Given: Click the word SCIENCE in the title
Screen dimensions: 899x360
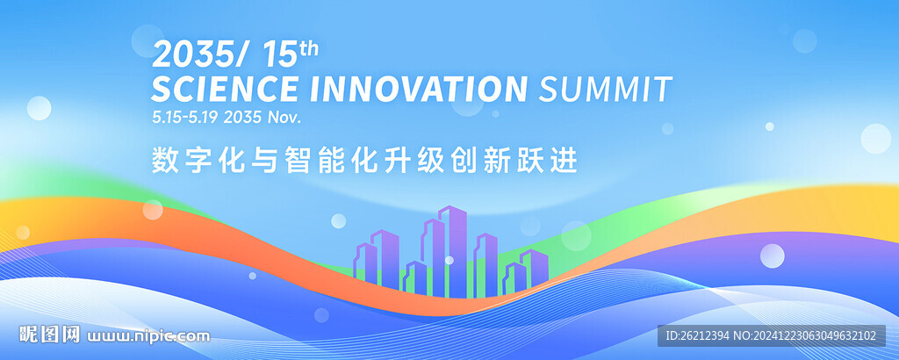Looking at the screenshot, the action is pos(225,89).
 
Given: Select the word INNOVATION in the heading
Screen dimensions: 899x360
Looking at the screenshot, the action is pos(418,89).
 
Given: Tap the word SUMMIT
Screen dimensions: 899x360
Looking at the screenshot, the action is pos(606,89).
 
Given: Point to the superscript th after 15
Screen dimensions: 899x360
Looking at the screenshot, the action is pos(308,48).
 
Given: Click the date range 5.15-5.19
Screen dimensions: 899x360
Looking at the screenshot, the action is pos(184,118).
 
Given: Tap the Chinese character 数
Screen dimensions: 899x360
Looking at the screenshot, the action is pos(164,160).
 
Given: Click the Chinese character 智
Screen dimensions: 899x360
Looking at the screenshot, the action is pos(297,160).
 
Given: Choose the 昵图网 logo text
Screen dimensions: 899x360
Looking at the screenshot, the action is pos(49,335).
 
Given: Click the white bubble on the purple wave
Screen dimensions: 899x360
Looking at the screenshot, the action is pos(773,256).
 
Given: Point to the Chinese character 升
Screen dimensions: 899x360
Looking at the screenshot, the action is pos(397,160).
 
